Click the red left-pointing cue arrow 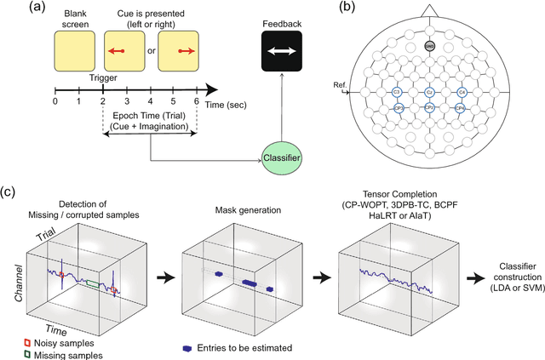119,52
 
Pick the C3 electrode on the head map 397,91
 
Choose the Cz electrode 430,91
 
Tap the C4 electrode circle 462,91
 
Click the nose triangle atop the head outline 429,10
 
